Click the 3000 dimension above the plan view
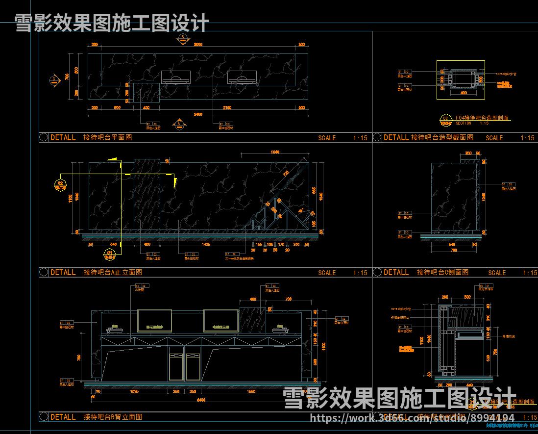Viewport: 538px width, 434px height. pos(198,45)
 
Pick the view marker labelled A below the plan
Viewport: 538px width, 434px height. pos(179,125)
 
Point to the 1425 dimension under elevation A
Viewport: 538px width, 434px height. pos(206,244)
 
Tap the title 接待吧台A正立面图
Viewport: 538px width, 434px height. pos(113,272)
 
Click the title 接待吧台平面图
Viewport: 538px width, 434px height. pos(107,137)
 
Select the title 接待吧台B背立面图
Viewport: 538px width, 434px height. pos(113,417)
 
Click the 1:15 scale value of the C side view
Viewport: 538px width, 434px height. pos(530,273)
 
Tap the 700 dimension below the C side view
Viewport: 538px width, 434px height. pos(454,250)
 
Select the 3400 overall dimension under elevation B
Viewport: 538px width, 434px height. pos(201,400)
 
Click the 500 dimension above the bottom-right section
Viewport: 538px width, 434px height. pos(467,297)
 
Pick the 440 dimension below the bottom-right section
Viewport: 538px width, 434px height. pos(469,385)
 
